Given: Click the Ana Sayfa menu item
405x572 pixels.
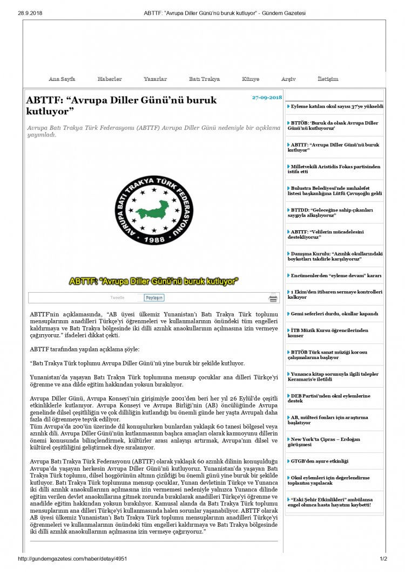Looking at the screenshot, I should tap(62, 79).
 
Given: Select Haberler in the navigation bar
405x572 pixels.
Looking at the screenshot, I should tap(110, 79).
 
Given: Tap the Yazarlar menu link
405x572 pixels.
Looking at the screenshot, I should tap(155, 79).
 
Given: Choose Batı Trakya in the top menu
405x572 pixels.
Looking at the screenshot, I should tap(204, 79).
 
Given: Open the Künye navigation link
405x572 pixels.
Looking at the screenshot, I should tap(251, 79).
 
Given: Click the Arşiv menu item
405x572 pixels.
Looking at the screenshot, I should tap(288, 79).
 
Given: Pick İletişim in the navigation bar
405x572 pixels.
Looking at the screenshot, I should tap(328, 79).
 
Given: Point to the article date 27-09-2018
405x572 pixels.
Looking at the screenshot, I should tap(267, 98).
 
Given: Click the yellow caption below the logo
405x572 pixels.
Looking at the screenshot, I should tap(154, 281).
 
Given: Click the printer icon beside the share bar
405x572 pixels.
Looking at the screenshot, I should tap(274, 298).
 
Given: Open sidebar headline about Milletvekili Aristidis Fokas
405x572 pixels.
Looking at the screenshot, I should tap(335, 169).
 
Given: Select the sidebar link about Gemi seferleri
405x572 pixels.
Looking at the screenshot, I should tap(334, 313).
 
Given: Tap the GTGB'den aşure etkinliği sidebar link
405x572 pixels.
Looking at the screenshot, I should tap(320, 461).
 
